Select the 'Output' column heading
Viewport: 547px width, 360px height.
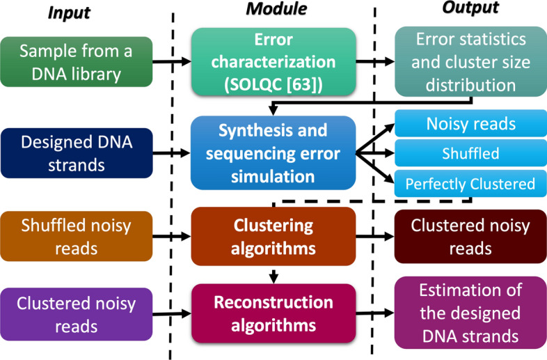pos(470,9)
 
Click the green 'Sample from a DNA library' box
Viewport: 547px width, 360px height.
pos(77,61)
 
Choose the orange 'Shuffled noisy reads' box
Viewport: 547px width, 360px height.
pos(77,237)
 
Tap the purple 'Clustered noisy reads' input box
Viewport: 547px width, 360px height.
pos(77,314)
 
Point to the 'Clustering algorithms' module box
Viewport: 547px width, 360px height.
pos(273,238)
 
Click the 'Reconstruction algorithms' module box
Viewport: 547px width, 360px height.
pos(273,315)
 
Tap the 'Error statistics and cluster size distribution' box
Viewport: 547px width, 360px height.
pos(470,61)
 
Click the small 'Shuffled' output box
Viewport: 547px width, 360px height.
pos(470,154)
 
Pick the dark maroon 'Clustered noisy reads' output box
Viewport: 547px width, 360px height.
pos(470,237)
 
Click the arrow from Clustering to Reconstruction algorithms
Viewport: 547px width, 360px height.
pos(273,276)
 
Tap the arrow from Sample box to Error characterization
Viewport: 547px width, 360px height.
pos(171,62)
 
